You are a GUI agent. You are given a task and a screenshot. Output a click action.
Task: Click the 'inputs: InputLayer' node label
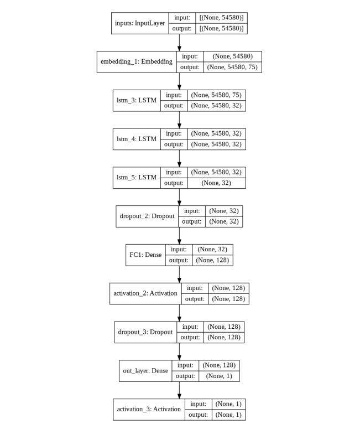coord(140,23)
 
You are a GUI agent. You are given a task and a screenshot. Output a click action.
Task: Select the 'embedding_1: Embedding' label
coord(135,62)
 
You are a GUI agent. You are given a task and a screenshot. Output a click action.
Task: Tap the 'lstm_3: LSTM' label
coord(136,101)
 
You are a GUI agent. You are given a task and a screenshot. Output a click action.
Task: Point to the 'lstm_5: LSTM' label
coord(136,178)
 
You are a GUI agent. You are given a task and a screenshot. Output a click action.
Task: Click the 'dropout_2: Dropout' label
coord(147,216)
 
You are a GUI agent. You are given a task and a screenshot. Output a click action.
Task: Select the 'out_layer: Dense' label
coord(145,371)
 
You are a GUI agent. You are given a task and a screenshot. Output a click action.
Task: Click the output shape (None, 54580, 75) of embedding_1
coord(232,68)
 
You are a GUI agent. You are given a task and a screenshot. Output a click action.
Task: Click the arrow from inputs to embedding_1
coord(179,43)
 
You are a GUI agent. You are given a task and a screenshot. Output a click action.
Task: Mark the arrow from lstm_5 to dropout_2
coord(179,197)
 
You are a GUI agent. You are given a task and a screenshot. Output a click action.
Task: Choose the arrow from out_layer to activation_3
coord(179,390)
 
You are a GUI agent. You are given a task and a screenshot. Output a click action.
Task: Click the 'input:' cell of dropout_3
coord(190,327)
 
